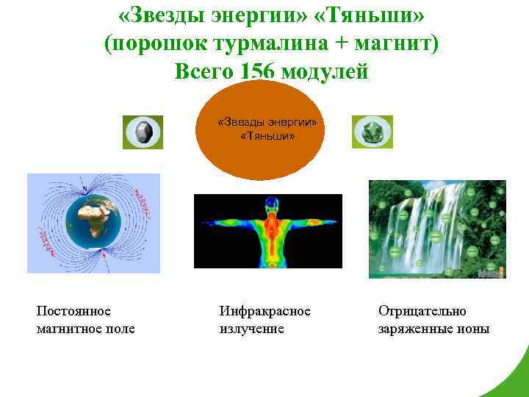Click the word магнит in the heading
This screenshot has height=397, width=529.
pos(395,44)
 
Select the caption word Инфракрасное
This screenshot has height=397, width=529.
pos(264,311)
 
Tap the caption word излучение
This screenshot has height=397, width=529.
pos(251,329)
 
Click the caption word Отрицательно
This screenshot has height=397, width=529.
pos(422,311)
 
